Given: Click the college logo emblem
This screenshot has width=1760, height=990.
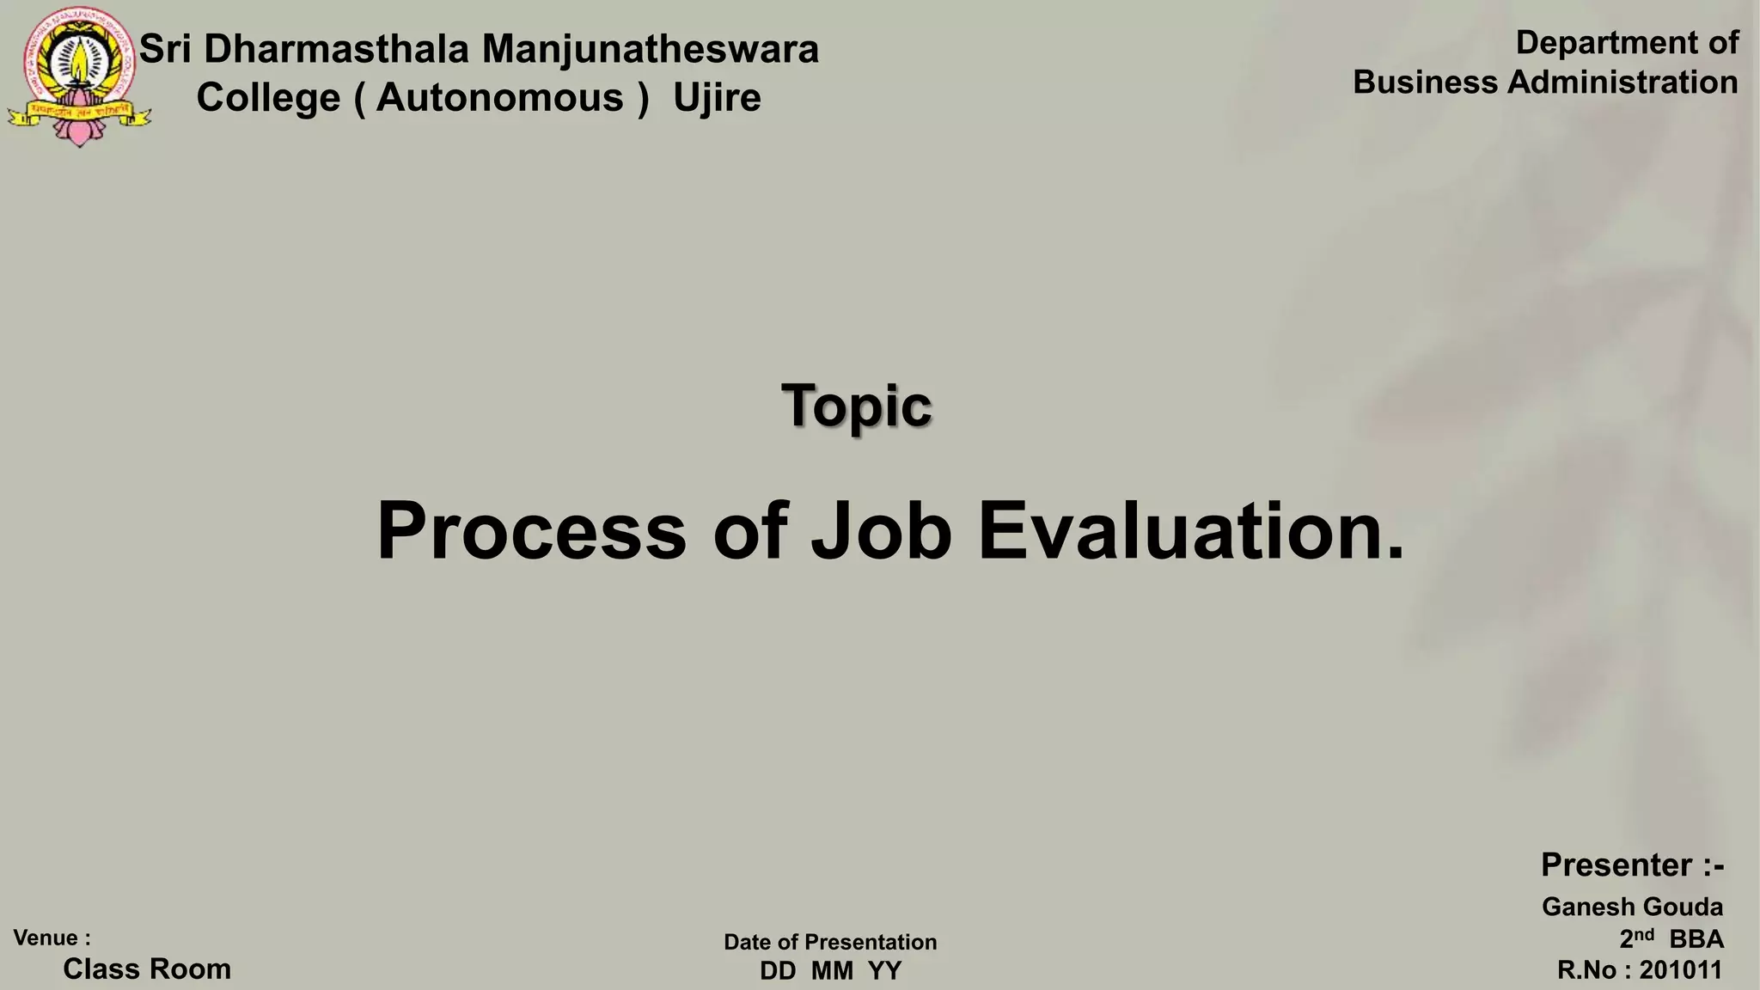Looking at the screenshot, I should (79, 76).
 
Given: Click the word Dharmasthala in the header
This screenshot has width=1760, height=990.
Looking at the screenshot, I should (336, 49).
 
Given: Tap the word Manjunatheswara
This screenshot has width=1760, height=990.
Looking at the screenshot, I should (650, 49).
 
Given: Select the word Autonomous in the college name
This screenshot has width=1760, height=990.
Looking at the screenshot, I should (499, 98).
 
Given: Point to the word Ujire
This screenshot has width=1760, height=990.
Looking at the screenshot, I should (717, 98).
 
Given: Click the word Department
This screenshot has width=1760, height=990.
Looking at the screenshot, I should (1601, 43).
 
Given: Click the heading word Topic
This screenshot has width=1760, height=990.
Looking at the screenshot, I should (856, 406).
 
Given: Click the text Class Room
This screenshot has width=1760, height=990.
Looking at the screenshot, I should (147, 969).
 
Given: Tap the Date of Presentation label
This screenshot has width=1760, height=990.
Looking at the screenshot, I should (830, 942).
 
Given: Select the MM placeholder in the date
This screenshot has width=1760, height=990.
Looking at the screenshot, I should (832, 971).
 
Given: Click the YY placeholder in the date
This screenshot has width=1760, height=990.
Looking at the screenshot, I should (884, 971).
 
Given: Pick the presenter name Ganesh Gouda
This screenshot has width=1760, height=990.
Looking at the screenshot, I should (1632, 907).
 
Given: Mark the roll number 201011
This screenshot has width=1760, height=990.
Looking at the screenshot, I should (1680, 970).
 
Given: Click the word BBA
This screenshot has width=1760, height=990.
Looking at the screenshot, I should (1696, 939).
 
